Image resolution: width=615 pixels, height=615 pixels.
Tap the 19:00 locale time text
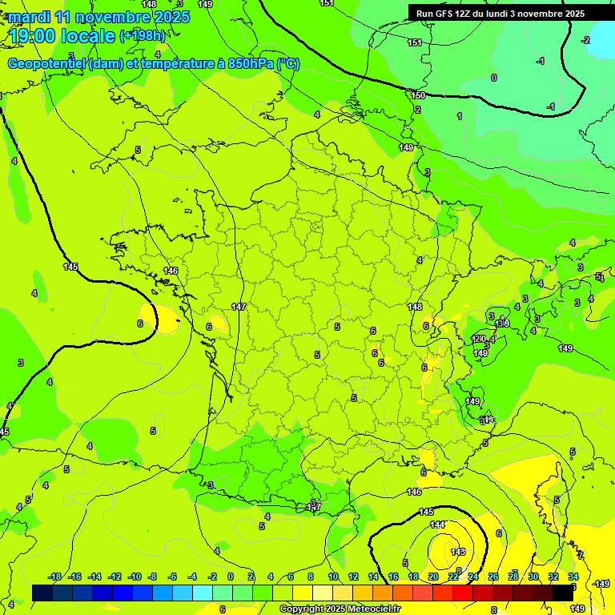62,35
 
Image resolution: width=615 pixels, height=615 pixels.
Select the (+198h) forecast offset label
143,36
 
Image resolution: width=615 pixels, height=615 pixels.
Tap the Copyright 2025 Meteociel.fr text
340,609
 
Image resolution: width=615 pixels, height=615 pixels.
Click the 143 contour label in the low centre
458,552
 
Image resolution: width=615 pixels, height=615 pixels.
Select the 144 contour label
437,525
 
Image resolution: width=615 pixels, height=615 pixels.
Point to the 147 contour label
239,307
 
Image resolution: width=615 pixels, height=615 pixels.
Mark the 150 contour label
418,95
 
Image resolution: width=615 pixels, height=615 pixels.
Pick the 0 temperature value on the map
493,78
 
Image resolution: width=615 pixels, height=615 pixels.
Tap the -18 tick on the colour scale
55,577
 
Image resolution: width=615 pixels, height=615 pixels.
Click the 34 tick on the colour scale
573,577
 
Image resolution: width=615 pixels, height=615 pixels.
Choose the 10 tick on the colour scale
333,577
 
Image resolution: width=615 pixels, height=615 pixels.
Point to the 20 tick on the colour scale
432,577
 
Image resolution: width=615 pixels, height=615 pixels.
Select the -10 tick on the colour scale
135,577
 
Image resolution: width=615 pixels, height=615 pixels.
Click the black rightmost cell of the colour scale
564,592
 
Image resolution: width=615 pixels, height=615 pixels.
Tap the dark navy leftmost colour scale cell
42,592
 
